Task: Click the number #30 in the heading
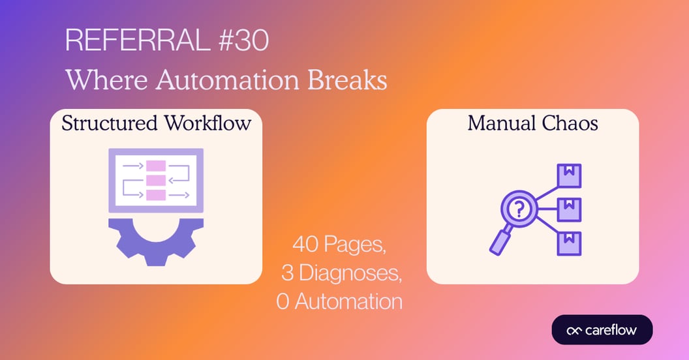click(x=243, y=40)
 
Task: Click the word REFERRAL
click(x=138, y=40)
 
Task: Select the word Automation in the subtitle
click(x=228, y=80)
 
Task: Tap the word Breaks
click(x=347, y=80)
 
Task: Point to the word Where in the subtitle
click(x=107, y=80)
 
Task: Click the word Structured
click(x=110, y=123)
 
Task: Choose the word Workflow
click(x=208, y=123)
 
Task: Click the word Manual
click(x=501, y=123)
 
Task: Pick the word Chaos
click(x=570, y=123)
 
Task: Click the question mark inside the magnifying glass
click(x=519, y=209)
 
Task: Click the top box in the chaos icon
click(x=569, y=175)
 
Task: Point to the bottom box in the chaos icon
click(x=569, y=243)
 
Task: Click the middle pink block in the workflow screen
click(x=156, y=181)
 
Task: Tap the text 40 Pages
click(x=339, y=244)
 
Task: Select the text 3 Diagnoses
click(x=341, y=273)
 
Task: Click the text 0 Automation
click(x=340, y=301)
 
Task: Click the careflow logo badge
click(x=602, y=330)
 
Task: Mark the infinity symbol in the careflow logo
click(x=574, y=331)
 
